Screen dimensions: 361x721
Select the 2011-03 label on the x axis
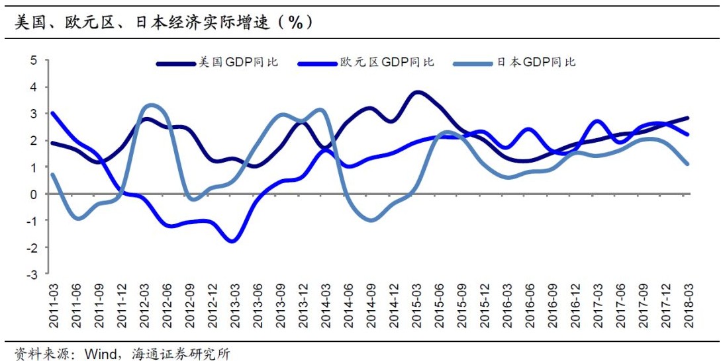point(53,305)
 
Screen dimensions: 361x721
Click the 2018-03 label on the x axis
point(688,305)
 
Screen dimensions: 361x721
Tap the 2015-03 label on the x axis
point(416,305)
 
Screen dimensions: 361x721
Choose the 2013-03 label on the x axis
point(234,305)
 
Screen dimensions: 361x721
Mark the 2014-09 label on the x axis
point(371,305)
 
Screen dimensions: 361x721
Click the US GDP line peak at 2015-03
point(416,93)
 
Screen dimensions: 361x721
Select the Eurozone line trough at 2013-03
point(232,241)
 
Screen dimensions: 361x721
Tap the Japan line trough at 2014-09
point(371,220)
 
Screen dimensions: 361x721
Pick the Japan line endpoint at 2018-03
point(688,164)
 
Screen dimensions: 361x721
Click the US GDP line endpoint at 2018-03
point(688,118)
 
